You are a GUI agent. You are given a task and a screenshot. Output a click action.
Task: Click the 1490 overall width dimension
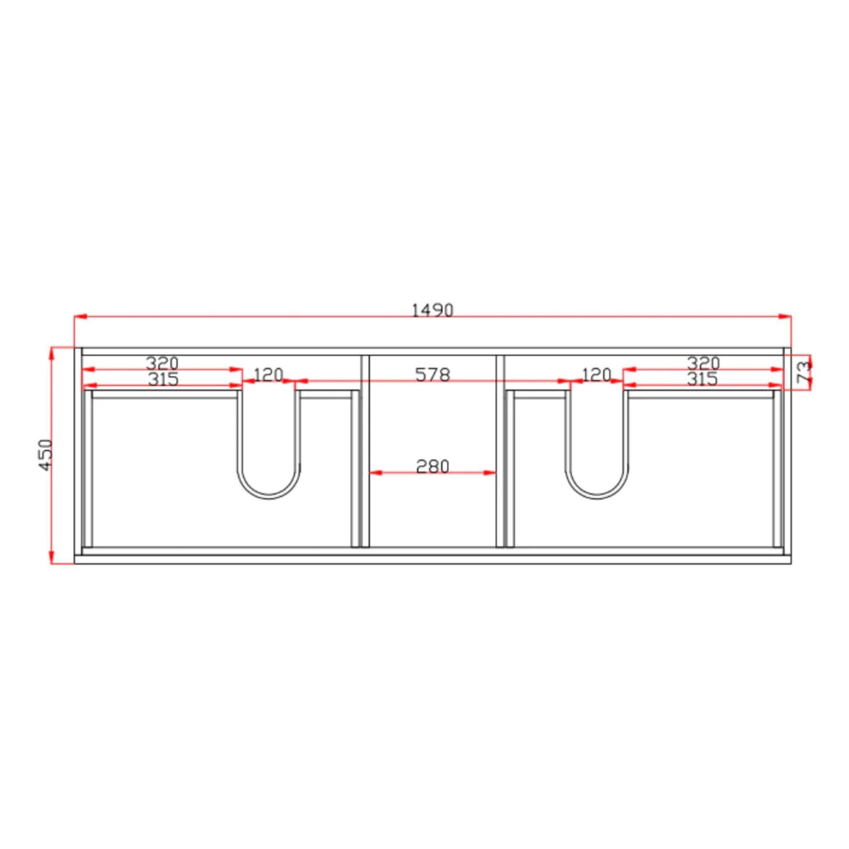pyautogui.click(x=432, y=310)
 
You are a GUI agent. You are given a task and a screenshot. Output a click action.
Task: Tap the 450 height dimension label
pyautogui.click(x=46, y=455)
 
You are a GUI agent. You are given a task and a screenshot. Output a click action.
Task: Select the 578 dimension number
pyautogui.click(x=432, y=375)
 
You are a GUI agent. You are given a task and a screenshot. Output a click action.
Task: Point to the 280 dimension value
pyautogui.click(x=432, y=467)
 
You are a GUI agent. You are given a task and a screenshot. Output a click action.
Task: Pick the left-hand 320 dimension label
pyautogui.click(x=162, y=363)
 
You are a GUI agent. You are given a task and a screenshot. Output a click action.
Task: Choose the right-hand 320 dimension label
pyautogui.click(x=703, y=363)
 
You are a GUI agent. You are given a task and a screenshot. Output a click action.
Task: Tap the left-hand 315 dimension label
pyautogui.click(x=163, y=379)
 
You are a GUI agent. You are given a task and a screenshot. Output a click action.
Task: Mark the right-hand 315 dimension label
pyautogui.click(x=702, y=379)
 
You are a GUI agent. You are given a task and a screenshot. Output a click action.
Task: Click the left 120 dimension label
pyautogui.click(x=269, y=375)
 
